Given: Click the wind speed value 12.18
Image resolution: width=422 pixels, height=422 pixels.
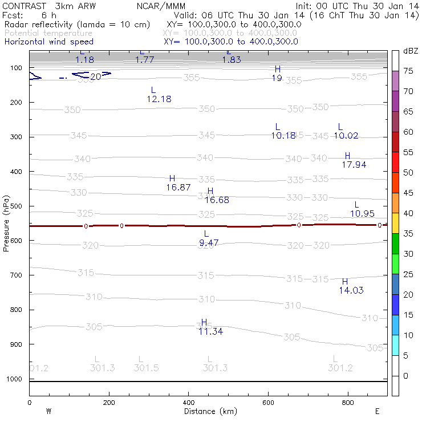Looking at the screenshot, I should [x=159, y=99].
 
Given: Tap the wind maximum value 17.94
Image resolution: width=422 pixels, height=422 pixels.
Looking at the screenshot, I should [x=354, y=165].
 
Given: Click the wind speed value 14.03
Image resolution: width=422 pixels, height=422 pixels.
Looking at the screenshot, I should [x=351, y=290].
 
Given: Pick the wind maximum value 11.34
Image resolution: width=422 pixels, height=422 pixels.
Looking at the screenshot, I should [x=210, y=331].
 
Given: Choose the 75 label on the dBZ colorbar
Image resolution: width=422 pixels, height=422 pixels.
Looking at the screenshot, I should [x=408, y=71].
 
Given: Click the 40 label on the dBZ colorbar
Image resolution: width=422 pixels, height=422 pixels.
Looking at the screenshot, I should [x=408, y=213].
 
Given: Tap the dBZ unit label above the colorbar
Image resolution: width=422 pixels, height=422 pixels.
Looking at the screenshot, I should [x=411, y=51].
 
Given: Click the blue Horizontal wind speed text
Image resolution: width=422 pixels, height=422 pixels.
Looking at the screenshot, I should [x=49, y=42].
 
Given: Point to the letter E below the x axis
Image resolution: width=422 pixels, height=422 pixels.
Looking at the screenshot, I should [x=378, y=411].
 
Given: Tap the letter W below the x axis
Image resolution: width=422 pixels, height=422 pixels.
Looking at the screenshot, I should [x=48, y=411].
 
